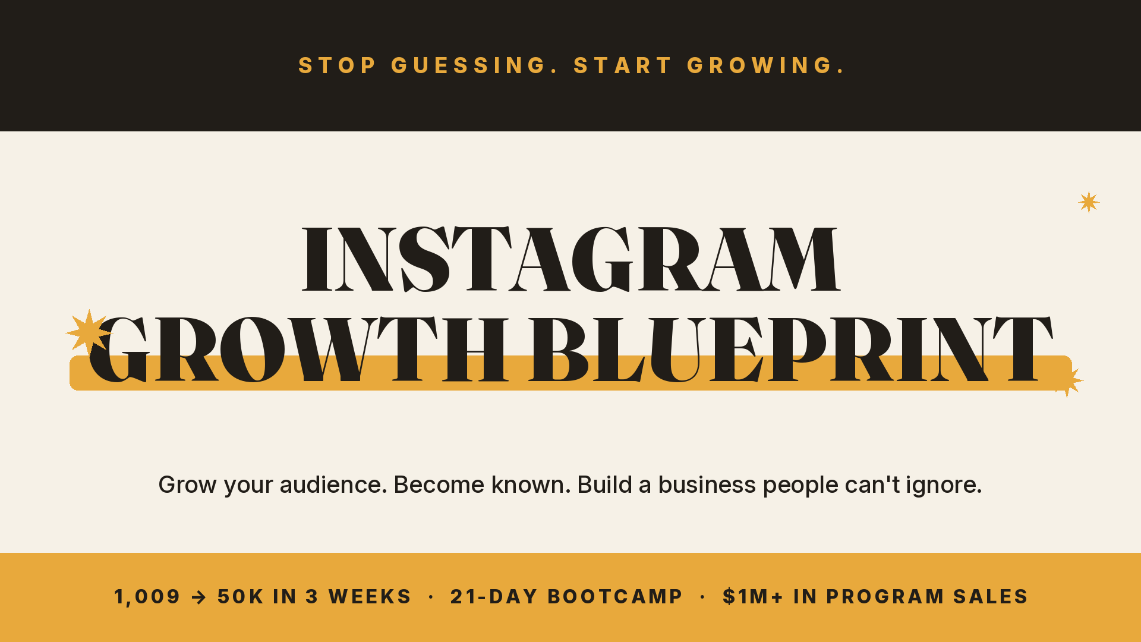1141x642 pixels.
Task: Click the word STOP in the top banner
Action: point(337,65)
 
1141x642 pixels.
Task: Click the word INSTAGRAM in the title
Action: point(571,259)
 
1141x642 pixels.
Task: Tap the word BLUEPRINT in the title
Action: point(791,350)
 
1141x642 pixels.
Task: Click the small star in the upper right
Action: point(1089,202)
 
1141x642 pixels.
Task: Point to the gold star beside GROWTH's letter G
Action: point(89,333)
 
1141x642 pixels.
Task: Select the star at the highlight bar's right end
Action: point(1068,381)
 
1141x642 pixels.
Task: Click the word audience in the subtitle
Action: point(333,485)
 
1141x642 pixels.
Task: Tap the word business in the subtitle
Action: point(707,485)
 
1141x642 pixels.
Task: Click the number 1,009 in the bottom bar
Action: point(147,597)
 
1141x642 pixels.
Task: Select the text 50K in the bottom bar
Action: point(241,597)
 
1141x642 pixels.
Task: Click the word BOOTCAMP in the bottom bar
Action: point(615,597)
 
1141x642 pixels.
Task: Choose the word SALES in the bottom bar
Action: point(991,597)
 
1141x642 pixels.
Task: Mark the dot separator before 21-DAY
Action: point(431,597)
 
